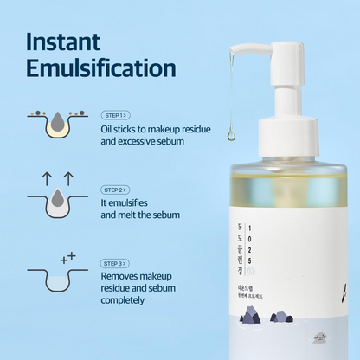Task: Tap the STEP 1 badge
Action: [x=115, y=114]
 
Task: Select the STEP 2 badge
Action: [x=115, y=190]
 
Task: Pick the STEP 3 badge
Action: [x=115, y=263]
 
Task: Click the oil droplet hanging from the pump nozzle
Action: [x=231, y=135]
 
